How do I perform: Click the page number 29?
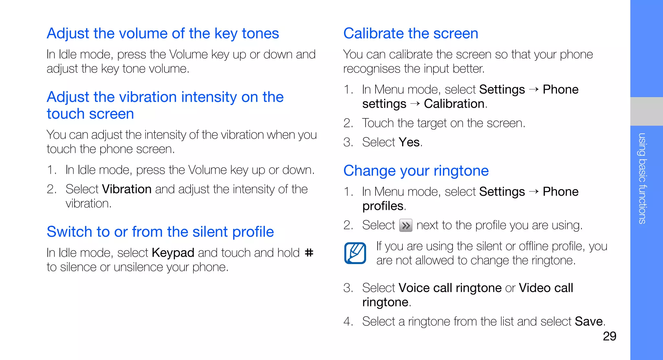tap(609, 336)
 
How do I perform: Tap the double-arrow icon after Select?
tap(406, 225)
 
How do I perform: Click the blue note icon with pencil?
tap(355, 253)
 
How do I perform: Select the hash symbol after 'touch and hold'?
tap(309, 253)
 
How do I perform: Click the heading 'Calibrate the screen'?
tap(410, 33)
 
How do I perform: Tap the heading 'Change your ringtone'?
tap(416, 171)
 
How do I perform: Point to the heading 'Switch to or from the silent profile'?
tap(160, 232)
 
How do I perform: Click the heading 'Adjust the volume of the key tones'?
tap(163, 33)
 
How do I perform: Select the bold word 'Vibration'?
tap(127, 189)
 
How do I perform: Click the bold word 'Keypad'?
tap(173, 253)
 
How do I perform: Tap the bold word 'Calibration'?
tap(454, 104)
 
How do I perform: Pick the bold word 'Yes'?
tap(409, 142)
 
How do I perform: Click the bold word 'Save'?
tap(589, 321)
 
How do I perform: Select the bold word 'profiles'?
tap(383, 206)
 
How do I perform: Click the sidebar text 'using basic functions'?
tap(642, 178)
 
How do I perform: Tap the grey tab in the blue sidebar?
tap(646, 111)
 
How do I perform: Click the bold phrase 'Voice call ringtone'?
tap(450, 288)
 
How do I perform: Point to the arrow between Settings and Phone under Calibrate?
tap(534, 89)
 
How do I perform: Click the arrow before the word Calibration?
tap(415, 104)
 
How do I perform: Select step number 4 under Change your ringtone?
tap(348, 321)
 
